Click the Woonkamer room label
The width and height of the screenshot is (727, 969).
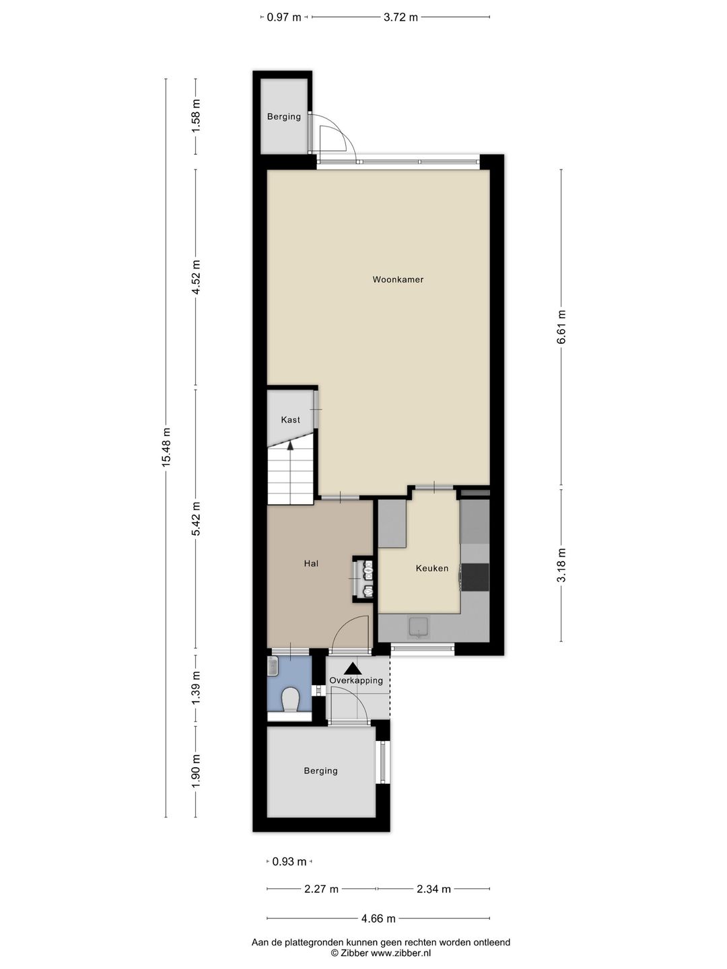(x=398, y=279)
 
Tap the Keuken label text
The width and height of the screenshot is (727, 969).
(x=431, y=568)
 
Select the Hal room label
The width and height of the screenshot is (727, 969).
(x=311, y=563)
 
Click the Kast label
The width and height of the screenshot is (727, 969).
(x=291, y=420)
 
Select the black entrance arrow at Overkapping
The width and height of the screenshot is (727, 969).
(x=352, y=668)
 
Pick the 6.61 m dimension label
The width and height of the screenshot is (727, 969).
(x=561, y=327)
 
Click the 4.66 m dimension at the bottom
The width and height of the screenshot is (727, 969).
(x=378, y=919)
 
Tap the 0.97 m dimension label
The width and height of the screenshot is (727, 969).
(x=284, y=17)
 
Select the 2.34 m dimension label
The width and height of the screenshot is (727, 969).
(x=434, y=889)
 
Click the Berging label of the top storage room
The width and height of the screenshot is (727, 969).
(x=284, y=116)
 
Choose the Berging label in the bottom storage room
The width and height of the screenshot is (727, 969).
(x=320, y=770)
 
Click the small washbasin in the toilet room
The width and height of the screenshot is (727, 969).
(x=273, y=666)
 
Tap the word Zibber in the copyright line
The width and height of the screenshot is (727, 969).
(x=349, y=953)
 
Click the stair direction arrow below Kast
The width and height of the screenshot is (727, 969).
(x=291, y=444)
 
